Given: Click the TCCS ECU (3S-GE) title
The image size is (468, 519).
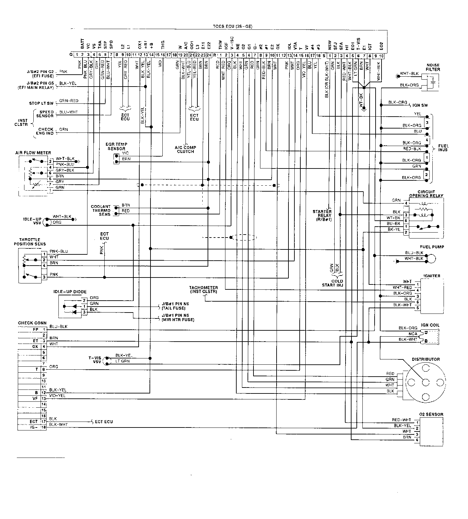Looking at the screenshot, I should (233, 26).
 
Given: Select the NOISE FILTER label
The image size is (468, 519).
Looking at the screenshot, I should (433, 67).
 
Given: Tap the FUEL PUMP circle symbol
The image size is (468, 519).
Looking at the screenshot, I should (431, 258).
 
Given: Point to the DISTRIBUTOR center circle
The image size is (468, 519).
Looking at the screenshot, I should (426, 382).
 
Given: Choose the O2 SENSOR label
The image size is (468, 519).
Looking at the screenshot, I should (431, 414).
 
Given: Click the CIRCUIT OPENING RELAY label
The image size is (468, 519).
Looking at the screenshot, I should (426, 194).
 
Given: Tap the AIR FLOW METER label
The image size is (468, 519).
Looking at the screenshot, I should (33, 153).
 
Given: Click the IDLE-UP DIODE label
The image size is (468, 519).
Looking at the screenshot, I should (70, 292).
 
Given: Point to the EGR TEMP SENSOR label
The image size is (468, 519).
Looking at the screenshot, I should (116, 146).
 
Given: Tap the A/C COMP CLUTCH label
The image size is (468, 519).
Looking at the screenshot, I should (185, 149).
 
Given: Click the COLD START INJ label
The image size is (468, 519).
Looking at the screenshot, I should (333, 283).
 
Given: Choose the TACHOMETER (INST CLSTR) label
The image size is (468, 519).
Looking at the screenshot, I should (204, 290).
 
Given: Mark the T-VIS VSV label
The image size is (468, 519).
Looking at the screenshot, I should (94, 359).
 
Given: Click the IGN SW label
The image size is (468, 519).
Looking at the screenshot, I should (420, 105).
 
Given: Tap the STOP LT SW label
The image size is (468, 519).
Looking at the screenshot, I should (41, 103).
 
